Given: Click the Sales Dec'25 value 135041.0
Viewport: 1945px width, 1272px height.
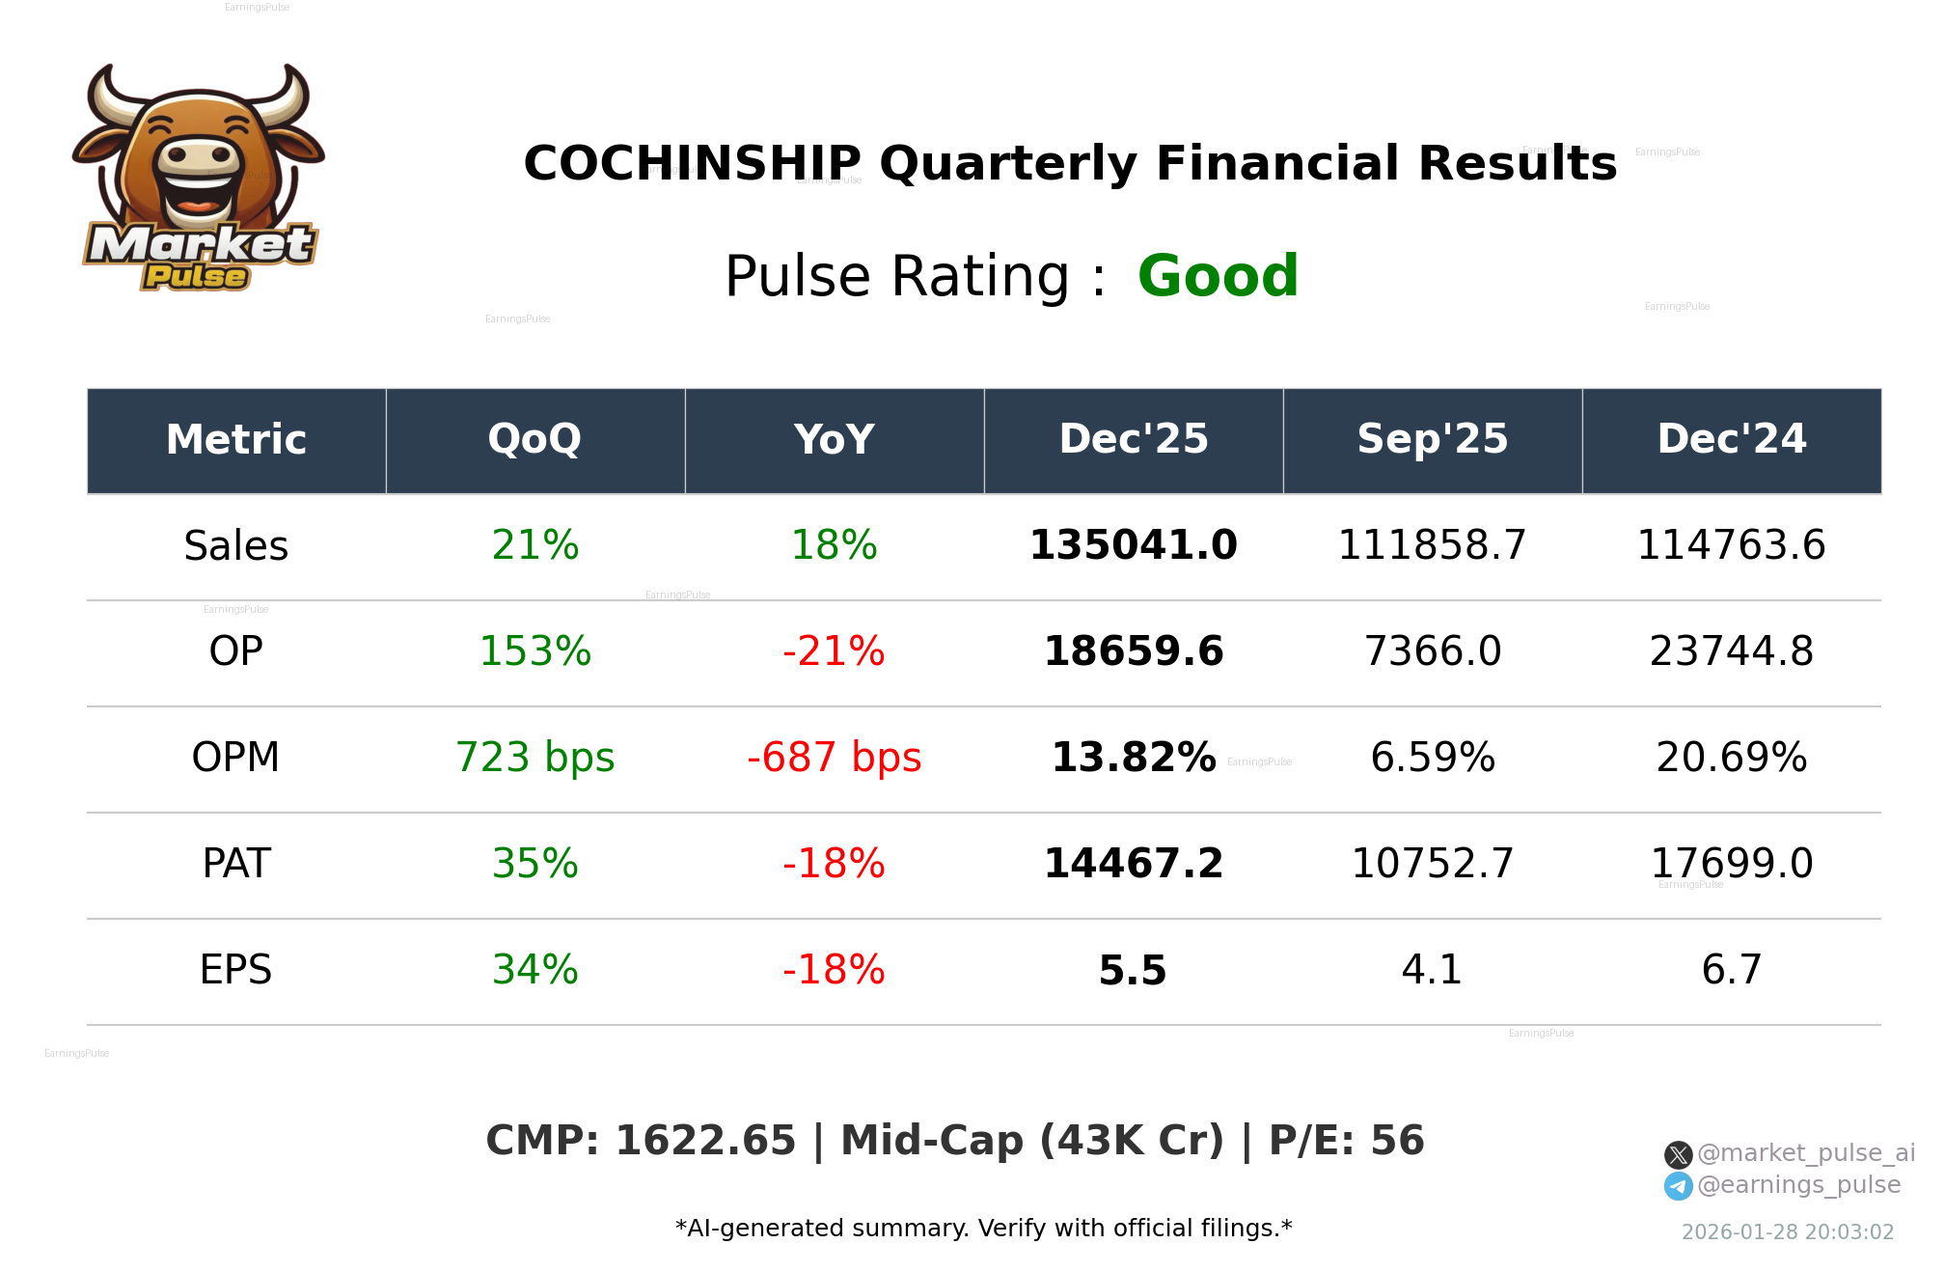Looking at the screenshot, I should tap(1133, 545).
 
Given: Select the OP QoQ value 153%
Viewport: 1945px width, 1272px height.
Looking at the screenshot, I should tap(534, 651).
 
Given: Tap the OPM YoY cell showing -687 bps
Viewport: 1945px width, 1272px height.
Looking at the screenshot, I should tap(834, 758).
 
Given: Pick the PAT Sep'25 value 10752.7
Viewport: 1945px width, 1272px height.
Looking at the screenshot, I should tap(1432, 864).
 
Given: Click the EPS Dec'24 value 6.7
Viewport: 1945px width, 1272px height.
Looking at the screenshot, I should tap(1731, 970).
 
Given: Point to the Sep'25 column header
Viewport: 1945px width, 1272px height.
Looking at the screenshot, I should tap(1432, 439).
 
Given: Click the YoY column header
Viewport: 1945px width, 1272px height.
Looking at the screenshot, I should tap(834, 439).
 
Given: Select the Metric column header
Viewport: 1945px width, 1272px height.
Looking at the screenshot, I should tap(235, 439).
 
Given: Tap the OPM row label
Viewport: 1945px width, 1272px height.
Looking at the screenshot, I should tap(235, 758).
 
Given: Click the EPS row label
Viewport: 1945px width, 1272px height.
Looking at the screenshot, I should tap(235, 970).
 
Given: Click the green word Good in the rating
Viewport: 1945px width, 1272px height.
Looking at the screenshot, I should tap(1218, 276).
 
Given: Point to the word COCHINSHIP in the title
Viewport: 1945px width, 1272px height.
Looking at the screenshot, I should tap(692, 163).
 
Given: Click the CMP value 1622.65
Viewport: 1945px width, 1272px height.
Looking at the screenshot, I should tap(705, 1141).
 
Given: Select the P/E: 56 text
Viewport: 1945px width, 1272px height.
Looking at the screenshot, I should tap(1346, 1141).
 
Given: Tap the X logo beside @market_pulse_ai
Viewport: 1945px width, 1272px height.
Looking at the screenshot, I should tap(1678, 1154).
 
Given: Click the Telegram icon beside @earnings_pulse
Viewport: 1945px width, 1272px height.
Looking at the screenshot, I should tap(1678, 1186).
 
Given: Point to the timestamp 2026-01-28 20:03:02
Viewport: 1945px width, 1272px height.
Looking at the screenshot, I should tap(1787, 1232).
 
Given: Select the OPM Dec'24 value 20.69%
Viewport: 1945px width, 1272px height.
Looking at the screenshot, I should tap(1731, 758).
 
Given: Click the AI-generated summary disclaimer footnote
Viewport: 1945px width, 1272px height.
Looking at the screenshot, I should tap(983, 1229).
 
